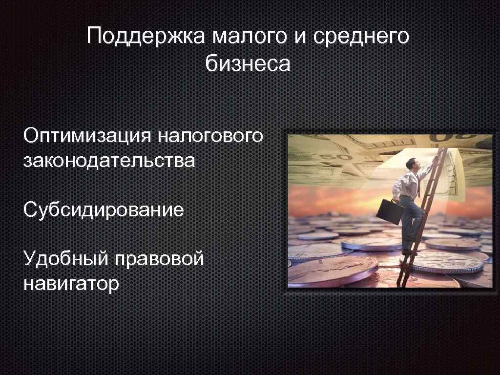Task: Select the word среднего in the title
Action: [x=361, y=38]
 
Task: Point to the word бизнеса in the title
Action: [x=248, y=64]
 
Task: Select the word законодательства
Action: [x=109, y=160]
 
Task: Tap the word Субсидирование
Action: [x=104, y=210]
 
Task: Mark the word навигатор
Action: [x=71, y=284]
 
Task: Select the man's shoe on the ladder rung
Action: [x=407, y=251]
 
